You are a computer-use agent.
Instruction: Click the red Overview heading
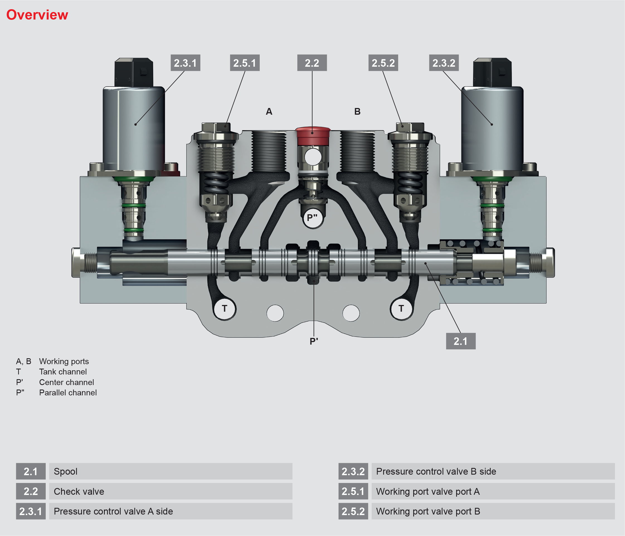37,15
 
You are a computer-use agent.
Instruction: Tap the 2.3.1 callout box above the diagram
185,63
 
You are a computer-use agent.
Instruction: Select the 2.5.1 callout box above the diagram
245,63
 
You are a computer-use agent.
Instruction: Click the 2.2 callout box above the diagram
312,63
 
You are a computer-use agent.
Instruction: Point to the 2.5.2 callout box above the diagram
383,63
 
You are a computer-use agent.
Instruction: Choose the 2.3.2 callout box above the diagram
444,63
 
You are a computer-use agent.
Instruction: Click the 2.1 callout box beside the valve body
461,341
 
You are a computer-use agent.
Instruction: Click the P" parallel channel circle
313,217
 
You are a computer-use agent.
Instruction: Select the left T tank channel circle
224,308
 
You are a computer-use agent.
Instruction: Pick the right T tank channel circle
401,308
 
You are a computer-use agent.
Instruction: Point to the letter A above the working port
269,111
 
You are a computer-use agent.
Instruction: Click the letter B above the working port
358,111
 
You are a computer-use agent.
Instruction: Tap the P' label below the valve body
314,341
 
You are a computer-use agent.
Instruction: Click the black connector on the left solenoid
134,73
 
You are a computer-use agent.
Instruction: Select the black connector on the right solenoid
492,73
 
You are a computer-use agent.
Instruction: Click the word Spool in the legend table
65,471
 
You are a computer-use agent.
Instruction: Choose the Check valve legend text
79,491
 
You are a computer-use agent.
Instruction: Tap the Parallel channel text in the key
68,393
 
